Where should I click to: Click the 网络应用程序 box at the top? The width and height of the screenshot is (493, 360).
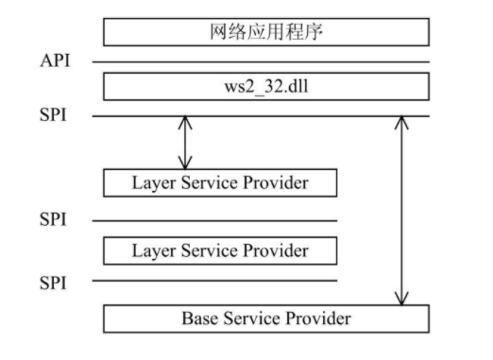click(x=265, y=32)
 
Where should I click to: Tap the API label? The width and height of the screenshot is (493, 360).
click(x=55, y=62)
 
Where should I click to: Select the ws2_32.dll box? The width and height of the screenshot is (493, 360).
click(x=265, y=87)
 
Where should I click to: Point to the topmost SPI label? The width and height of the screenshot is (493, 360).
click(x=54, y=116)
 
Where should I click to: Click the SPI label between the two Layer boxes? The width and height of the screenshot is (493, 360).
click(x=54, y=220)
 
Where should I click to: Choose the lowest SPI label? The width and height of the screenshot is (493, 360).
click(x=54, y=281)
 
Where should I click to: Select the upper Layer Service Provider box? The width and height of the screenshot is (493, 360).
click(x=219, y=182)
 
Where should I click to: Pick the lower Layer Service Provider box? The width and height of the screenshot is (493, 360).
click(x=219, y=250)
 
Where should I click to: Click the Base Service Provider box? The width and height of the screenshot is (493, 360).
click(x=265, y=317)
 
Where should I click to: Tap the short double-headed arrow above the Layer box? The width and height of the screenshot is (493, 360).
click(x=185, y=143)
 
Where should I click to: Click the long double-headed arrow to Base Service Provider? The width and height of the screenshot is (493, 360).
click(x=402, y=210)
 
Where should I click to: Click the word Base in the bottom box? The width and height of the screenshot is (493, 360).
click(x=199, y=317)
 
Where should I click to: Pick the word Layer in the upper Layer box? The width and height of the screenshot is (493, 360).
click(x=151, y=182)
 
